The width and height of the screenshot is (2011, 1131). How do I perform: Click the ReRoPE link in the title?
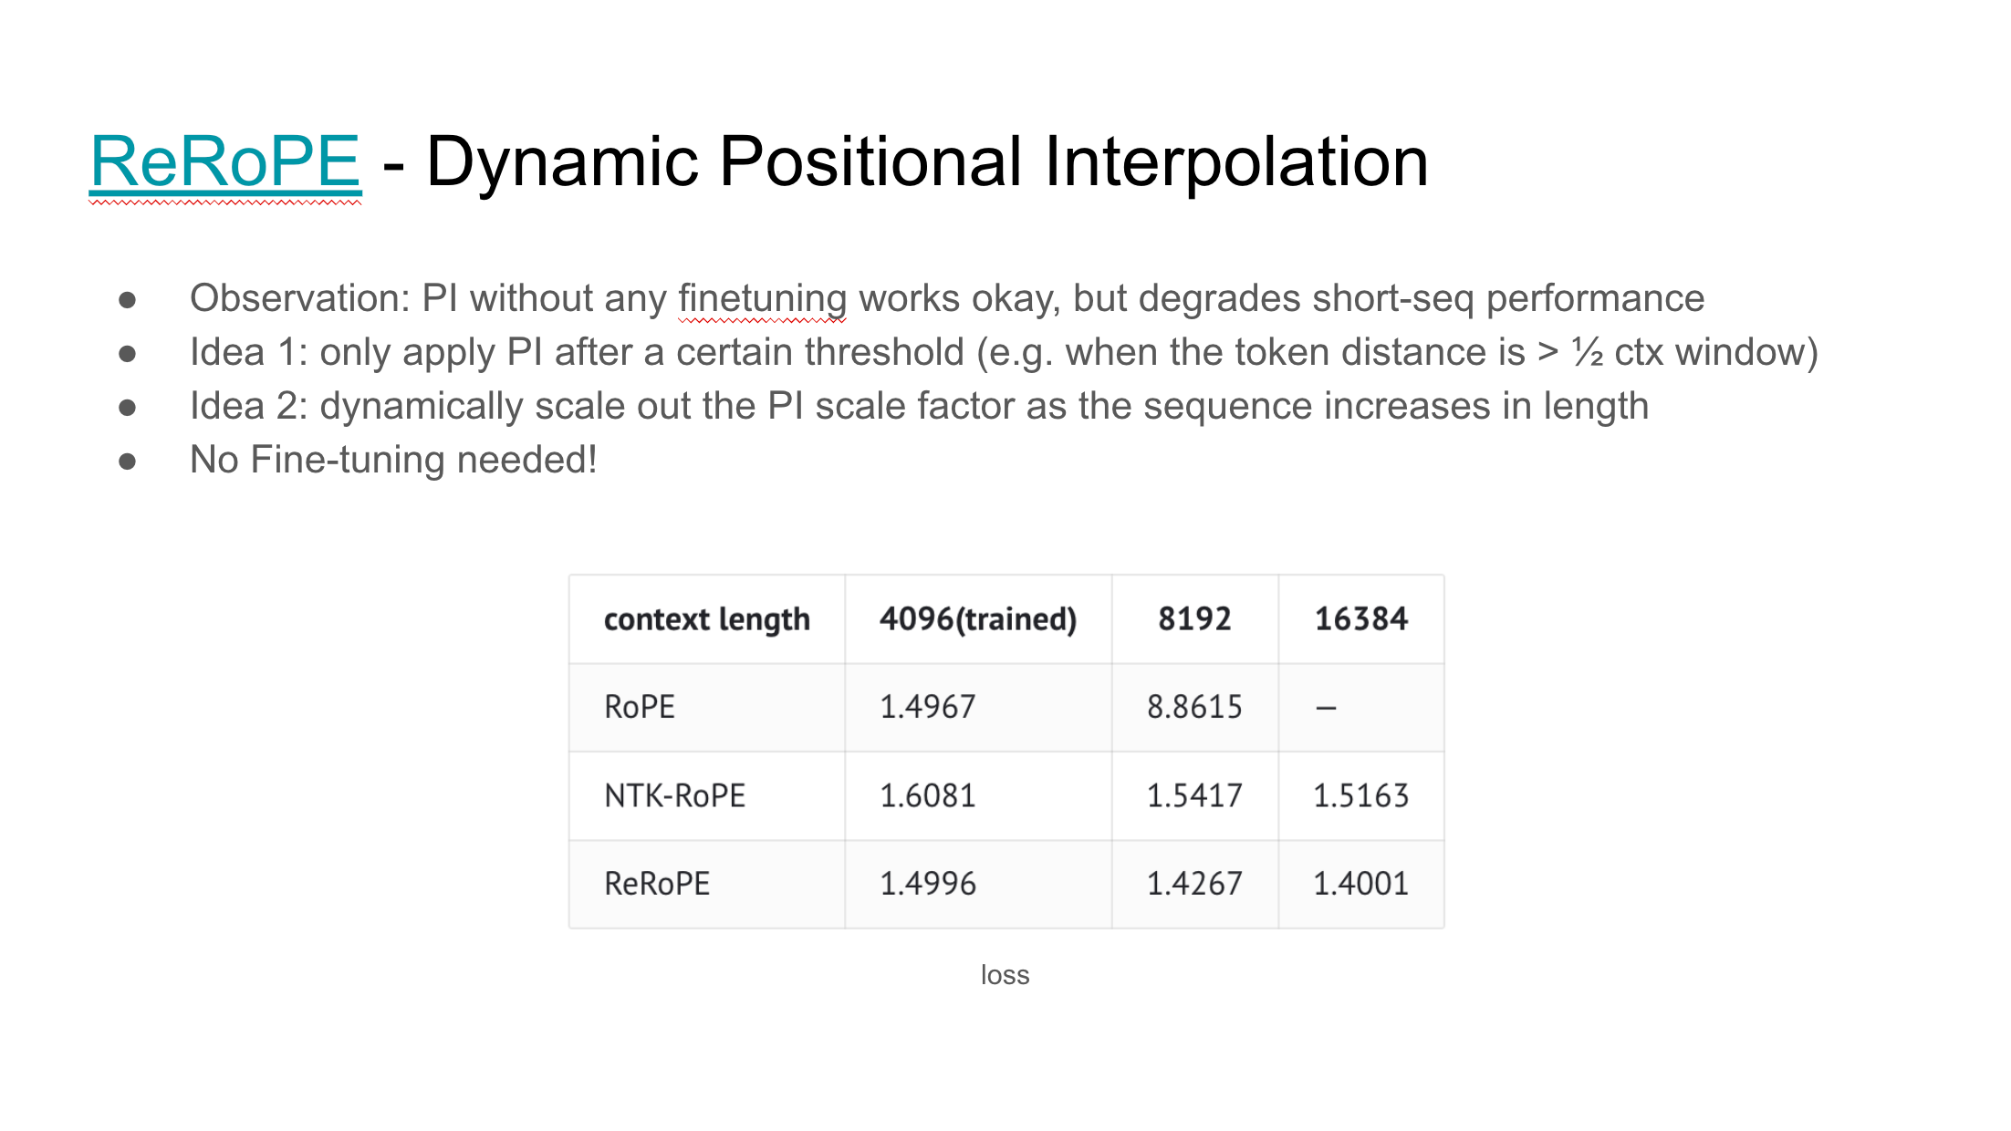pyautogui.click(x=225, y=161)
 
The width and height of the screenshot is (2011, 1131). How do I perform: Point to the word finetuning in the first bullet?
pyautogui.click(x=763, y=299)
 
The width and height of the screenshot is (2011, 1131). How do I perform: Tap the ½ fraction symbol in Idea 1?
pyautogui.click(x=1588, y=352)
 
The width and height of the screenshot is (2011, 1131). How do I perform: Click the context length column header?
pyautogui.click(x=707, y=619)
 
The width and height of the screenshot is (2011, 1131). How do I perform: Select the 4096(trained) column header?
pyautogui.click(x=978, y=619)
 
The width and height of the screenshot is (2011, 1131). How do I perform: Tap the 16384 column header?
pyautogui.click(x=1361, y=619)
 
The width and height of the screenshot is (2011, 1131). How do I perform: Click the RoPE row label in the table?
pyautogui.click(x=640, y=707)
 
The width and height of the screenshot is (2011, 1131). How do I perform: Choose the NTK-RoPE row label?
pyautogui.click(x=675, y=795)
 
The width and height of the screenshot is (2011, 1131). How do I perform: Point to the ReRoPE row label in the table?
pyautogui.click(x=657, y=883)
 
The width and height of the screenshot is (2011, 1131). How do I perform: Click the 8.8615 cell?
pyautogui.click(x=1194, y=707)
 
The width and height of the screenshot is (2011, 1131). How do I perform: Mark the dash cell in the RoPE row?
pyautogui.click(x=1327, y=708)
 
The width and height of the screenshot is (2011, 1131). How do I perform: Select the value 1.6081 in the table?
pyautogui.click(x=928, y=795)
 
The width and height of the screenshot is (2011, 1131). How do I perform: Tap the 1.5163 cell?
pyautogui.click(x=1361, y=795)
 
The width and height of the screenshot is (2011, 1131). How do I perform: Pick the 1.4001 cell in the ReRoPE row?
pyautogui.click(x=1361, y=883)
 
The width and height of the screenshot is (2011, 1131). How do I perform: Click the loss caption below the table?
pyautogui.click(x=1005, y=975)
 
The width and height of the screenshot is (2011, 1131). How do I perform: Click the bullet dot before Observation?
pyautogui.click(x=128, y=300)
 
